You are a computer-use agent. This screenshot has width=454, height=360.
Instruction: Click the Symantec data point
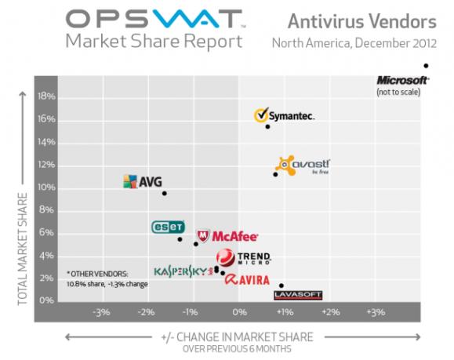click(x=267, y=126)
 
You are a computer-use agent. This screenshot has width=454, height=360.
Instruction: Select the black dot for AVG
click(x=164, y=193)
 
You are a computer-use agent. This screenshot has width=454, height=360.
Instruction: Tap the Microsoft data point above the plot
click(x=426, y=66)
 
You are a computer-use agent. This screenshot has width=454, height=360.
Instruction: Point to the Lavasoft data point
click(x=281, y=285)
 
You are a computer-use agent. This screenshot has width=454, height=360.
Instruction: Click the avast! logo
click(x=303, y=165)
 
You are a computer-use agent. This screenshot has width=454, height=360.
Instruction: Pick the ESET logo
click(x=169, y=227)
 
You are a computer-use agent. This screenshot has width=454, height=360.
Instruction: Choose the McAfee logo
click(x=227, y=236)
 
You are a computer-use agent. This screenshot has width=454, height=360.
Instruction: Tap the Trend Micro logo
click(x=244, y=257)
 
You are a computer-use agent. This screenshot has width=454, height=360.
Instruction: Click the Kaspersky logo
click(x=183, y=271)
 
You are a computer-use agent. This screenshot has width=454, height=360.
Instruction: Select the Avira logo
click(x=247, y=280)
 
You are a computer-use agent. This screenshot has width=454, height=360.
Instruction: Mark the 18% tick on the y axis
click(x=46, y=96)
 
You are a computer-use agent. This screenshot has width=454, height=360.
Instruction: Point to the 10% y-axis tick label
click(x=46, y=187)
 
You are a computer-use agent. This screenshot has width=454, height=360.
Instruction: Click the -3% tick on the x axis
click(x=101, y=312)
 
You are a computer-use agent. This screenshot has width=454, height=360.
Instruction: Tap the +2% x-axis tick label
click(x=331, y=312)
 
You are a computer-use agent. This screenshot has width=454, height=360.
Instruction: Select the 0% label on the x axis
click(x=240, y=312)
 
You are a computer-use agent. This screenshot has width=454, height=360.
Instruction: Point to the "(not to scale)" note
click(x=398, y=92)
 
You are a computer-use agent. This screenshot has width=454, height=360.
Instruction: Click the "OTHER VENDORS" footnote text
click(x=97, y=274)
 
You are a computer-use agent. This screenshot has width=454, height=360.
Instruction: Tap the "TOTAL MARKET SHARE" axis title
click(x=23, y=249)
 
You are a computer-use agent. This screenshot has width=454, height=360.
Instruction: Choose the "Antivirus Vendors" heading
click(x=362, y=21)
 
